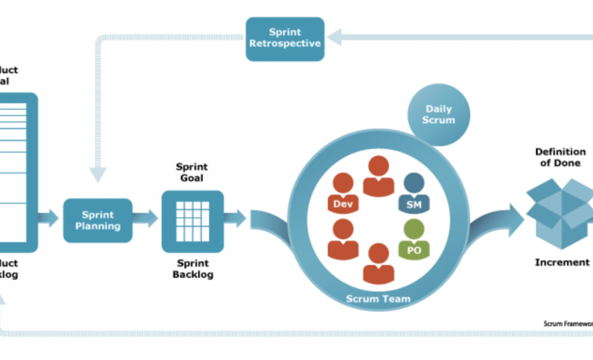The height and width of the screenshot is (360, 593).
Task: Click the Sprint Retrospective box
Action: click(x=285, y=38)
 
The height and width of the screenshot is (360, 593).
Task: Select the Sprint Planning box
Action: click(x=98, y=220)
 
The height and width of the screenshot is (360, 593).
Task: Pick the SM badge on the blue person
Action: click(x=413, y=204)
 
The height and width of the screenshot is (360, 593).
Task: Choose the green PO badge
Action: click(x=414, y=249)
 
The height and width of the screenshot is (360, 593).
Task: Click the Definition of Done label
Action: click(x=560, y=157)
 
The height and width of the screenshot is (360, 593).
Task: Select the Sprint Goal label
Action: click(x=192, y=172)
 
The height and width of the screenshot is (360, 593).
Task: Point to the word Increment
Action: click(x=562, y=262)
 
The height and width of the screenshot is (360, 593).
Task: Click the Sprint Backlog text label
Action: click(x=193, y=269)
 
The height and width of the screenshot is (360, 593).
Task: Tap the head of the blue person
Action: click(x=415, y=183)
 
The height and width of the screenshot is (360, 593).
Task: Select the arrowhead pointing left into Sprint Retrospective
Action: click(x=334, y=37)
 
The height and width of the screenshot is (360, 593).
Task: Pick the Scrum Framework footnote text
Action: click(x=568, y=323)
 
